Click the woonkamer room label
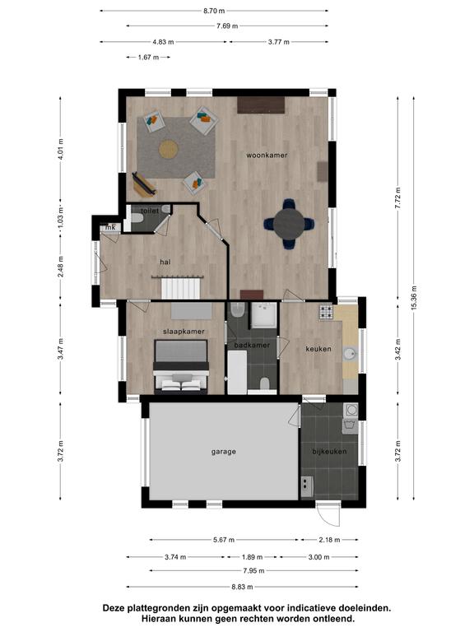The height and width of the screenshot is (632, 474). coord(267,156)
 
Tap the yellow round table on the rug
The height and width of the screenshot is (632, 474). coord(169,149)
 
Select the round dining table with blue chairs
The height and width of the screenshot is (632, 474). coord(290,224)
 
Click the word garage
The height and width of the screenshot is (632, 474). coord(224,452)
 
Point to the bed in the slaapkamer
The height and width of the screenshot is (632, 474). coord(181,367)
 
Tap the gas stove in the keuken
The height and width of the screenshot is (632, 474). coord(326,312)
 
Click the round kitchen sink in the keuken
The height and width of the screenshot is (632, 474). coord(350,354)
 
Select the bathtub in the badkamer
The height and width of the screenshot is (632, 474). coord(237,372)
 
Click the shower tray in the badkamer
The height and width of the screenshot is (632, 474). coord(264,315)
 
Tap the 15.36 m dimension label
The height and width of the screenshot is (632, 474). coord(414,297)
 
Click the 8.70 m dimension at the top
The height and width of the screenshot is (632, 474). coord(214,11)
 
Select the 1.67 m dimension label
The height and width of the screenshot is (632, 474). coord(148,58)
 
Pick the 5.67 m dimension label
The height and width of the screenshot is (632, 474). coord(224,540)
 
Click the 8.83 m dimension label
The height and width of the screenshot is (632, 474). coord(242,587)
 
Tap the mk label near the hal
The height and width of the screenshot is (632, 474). coord(110,227)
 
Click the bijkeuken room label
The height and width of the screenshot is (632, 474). coord(329,452)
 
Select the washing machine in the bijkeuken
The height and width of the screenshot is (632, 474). coord(351,410)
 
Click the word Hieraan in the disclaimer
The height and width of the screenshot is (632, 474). coord(159,618)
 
